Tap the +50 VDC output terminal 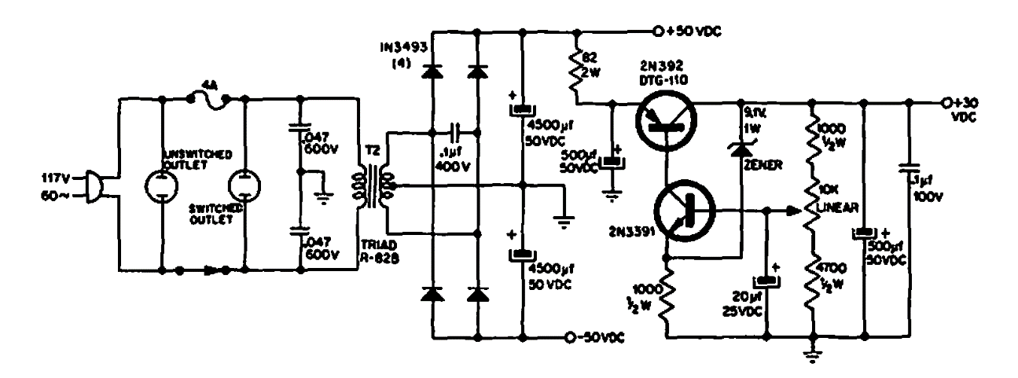[x=658, y=32]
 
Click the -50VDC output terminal [x=570, y=339]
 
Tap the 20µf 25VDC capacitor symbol [x=765, y=281]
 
